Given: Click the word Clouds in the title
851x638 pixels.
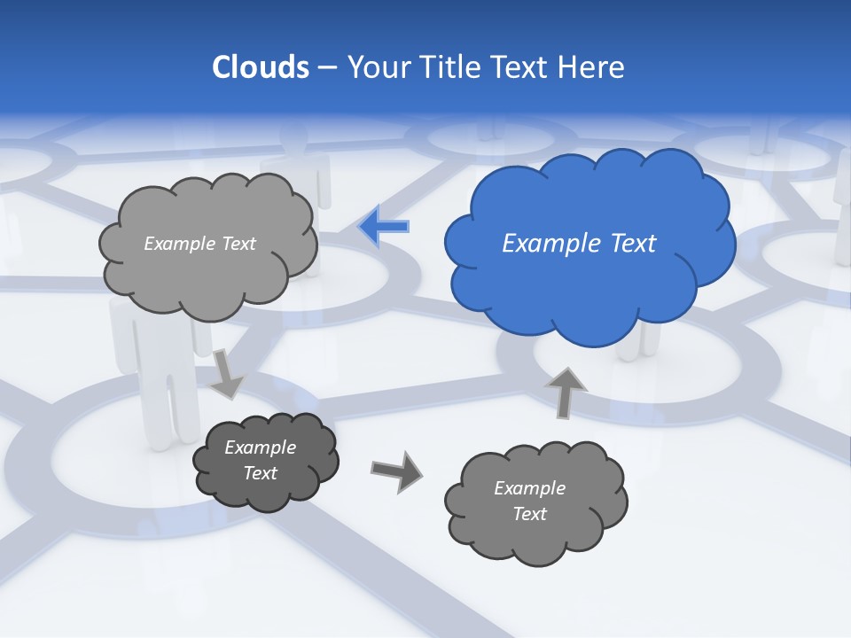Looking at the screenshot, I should (x=261, y=67).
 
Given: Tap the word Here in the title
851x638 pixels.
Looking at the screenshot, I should (x=592, y=67).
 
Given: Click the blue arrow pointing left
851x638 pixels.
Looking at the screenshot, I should (x=384, y=226).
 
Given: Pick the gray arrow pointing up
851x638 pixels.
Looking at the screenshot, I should (x=565, y=392).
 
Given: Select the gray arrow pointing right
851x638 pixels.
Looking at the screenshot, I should (x=396, y=471).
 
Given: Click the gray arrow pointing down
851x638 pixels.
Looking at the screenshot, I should (x=227, y=375).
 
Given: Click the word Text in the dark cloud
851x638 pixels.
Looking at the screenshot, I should (x=260, y=473).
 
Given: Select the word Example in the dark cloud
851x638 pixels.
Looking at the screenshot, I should (x=260, y=447).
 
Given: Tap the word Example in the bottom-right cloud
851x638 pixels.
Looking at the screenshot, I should (x=529, y=488).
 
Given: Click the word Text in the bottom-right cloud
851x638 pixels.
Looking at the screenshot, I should (x=529, y=514).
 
